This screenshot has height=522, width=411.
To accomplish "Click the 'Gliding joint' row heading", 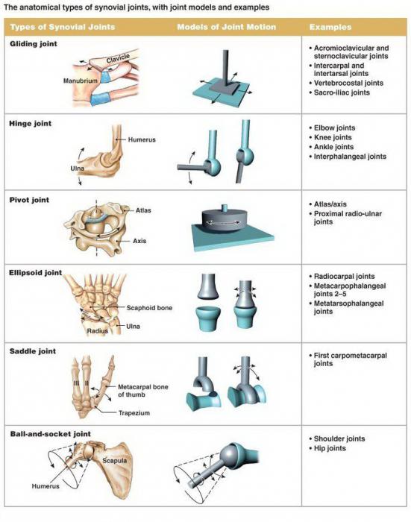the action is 34,44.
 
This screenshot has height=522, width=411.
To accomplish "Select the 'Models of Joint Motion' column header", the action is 227,27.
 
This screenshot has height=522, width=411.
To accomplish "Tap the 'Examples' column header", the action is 330,27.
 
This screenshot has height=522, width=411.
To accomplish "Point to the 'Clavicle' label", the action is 118,59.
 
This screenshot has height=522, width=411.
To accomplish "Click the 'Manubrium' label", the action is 81,81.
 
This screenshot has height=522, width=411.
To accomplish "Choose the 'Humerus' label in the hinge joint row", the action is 142,140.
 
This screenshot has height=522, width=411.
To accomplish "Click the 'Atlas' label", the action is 143,210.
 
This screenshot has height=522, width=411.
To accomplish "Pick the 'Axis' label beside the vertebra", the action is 139,241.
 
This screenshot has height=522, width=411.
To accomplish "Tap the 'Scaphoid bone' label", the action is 149,308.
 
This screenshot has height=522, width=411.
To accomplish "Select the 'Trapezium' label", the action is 134,413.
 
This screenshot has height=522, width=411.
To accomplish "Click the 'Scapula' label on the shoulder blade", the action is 115,461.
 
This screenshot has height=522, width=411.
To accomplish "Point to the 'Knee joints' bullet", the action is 333,137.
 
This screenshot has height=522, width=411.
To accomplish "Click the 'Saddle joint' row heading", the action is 33,351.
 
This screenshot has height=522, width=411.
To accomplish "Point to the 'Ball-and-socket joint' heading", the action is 50,434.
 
